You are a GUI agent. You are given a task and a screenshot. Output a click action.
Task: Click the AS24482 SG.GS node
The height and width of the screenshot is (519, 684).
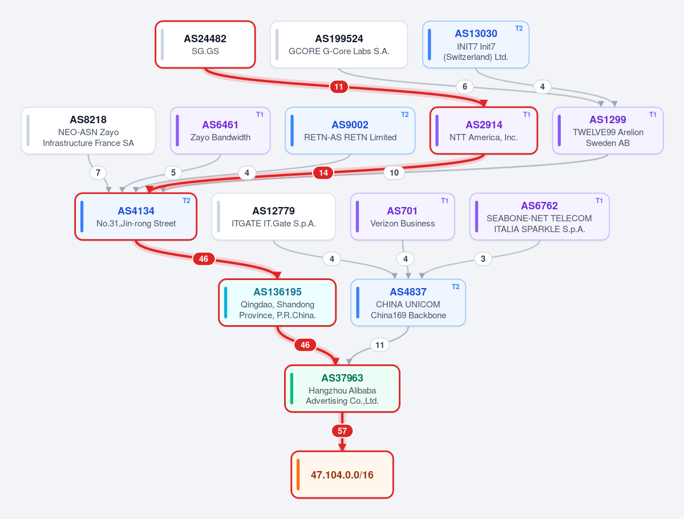point(205,44)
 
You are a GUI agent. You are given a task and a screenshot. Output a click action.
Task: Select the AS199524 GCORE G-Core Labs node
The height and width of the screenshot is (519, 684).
point(339,44)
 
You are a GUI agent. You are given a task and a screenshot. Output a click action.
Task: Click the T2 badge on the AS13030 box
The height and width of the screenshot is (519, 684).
point(519,29)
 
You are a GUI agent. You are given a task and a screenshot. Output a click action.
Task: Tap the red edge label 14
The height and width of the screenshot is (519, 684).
point(323,173)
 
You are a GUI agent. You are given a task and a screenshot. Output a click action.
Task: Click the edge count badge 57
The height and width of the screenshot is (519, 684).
point(342,431)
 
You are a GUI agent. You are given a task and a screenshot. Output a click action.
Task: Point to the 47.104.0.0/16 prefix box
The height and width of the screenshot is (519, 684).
point(342,475)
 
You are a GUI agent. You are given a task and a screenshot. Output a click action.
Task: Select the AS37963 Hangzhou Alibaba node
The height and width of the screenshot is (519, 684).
point(342,388)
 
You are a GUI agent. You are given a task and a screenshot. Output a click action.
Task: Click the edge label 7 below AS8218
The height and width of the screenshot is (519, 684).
point(98,173)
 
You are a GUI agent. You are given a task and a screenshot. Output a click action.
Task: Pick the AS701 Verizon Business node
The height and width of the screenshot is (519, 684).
point(402,217)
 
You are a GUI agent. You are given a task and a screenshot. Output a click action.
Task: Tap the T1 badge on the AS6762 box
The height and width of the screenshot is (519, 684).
point(599,201)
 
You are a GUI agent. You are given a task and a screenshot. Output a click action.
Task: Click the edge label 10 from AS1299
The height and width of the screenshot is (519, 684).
point(394,173)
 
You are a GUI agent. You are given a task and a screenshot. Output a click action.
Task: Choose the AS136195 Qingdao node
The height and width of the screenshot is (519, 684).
point(277,303)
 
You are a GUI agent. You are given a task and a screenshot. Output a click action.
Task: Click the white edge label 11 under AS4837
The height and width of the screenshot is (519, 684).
point(379,345)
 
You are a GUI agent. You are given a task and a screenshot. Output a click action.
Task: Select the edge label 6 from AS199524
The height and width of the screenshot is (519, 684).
point(464,86)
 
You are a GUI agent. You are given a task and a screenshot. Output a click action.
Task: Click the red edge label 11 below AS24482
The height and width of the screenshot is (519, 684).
point(339,86)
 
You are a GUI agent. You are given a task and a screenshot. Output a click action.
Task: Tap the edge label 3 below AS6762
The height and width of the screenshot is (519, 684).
point(483,258)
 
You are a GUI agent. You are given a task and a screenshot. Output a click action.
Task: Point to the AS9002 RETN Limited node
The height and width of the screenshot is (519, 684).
point(350,131)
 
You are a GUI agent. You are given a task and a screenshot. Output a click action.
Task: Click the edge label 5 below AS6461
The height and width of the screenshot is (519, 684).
point(173,173)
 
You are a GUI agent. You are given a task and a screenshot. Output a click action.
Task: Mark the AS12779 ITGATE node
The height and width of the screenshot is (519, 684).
point(273,217)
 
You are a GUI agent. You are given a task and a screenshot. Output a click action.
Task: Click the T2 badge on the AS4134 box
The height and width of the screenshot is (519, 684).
point(187,201)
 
